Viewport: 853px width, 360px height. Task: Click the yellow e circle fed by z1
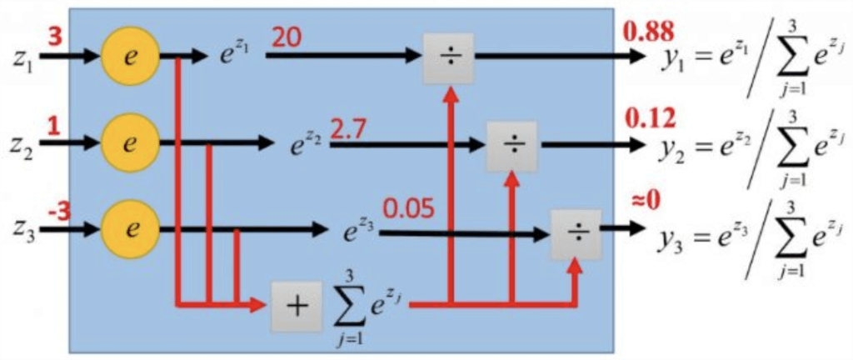pos(129,58)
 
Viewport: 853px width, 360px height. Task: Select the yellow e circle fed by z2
pos(129,142)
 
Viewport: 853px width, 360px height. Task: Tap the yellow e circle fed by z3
pos(129,227)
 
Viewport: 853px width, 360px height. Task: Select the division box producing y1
pos(448,57)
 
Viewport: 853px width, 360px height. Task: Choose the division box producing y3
pos(576,233)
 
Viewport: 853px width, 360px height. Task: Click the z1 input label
pos(22,60)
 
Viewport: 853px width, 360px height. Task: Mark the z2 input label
pos(22,144)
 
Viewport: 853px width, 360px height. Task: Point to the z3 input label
pos(22,229)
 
